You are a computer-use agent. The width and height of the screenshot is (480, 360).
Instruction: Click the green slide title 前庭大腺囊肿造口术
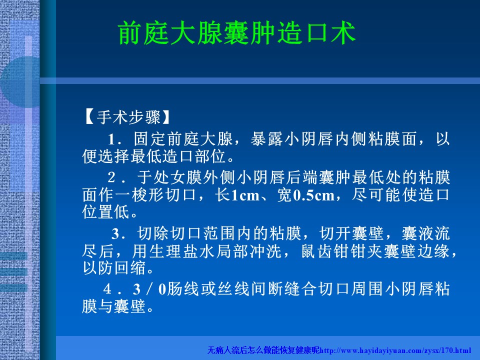236,33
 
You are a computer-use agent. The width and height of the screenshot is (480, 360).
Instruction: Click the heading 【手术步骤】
126,117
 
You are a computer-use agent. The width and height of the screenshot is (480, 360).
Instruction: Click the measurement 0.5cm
314,195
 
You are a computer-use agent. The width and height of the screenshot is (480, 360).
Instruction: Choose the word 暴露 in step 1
267,139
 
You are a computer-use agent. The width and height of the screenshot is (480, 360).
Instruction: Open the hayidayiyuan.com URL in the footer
395,350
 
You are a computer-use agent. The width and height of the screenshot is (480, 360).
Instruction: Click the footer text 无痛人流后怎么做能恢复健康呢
263,350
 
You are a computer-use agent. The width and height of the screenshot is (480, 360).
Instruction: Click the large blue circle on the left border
20,82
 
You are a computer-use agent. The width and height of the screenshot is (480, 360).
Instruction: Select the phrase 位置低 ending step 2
106,212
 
